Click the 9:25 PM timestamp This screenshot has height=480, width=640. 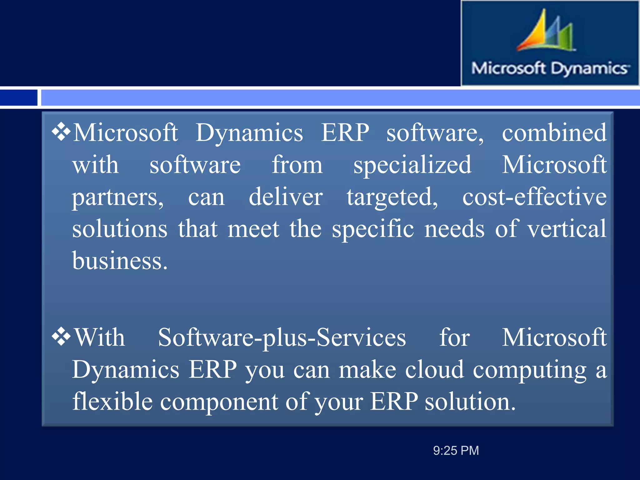[x=456, y=451]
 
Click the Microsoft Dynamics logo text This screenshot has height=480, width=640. [x=550, y=68]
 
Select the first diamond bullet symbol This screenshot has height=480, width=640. [x=61, y=132]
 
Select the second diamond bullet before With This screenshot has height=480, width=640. [x=61, y=337]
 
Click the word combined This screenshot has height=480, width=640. [x=554, y=132]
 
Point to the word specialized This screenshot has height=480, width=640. [x=412, y=165]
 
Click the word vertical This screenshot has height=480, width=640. [x=567, y=229]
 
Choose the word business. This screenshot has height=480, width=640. [x=120, y=261]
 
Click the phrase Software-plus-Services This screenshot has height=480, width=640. [x=282, y=337]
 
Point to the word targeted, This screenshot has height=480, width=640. [x=392, y=197]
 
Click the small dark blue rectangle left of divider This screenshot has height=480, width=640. [x=18, y=98]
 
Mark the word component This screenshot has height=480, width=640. [x=219, y=402]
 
